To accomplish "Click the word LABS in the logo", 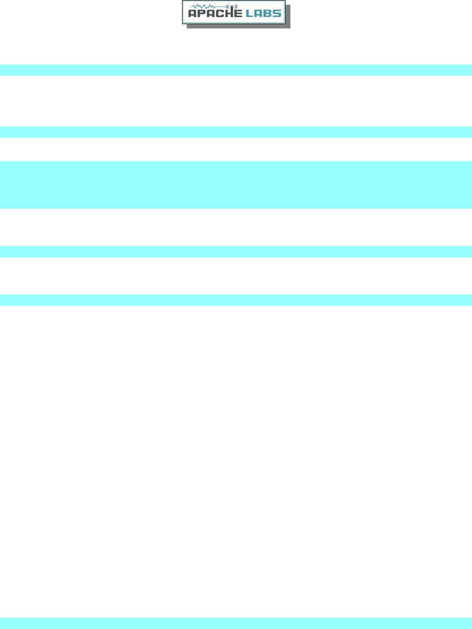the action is pos(263,13).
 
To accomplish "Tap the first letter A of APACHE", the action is pos(192,13).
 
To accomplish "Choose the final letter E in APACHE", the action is pos(238,13).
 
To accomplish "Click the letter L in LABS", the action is pos(250,13).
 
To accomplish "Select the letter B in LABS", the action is pos(268,13).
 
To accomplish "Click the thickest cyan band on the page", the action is pos(236,185).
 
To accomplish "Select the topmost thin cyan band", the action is pos(236,70).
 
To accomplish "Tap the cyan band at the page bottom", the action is pos(236,623).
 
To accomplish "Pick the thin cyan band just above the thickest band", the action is pos(236,132).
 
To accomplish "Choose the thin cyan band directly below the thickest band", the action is pos(236,252).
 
